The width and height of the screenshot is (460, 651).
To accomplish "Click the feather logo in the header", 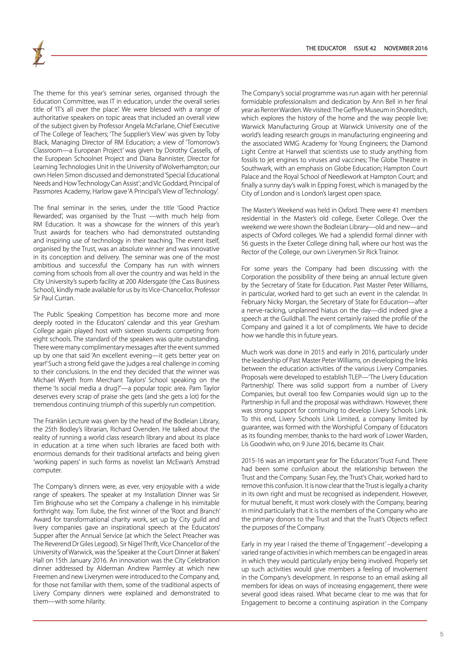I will coord(39,54).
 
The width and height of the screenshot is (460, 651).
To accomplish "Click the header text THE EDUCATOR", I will coord(326,48).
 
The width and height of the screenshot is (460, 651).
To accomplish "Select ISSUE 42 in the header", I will coord(365,48).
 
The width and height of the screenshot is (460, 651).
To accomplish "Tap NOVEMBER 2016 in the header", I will coord(406,48).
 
